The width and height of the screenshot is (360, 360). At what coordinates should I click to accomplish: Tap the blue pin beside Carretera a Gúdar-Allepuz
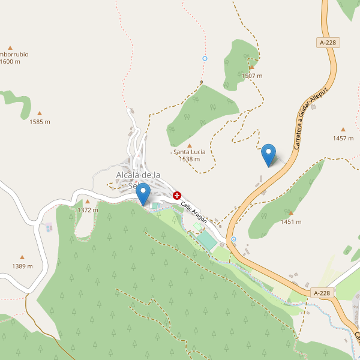(x=269, y=155)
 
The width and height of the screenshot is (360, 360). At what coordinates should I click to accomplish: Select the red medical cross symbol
(x=177, y=196)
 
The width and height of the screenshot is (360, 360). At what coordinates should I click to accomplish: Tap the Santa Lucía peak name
(x=190, y=152)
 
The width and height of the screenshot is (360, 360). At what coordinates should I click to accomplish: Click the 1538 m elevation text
(x=190, y=159)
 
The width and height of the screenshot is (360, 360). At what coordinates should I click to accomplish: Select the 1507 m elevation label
(x=252, y=76)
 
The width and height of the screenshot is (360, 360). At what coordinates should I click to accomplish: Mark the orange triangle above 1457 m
(x=343, y=130)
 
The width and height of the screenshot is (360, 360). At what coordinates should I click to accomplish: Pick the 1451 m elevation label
(x=291, y=222)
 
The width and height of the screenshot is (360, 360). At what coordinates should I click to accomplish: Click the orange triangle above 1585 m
(x=40, y=113)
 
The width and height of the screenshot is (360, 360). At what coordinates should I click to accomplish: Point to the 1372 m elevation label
(x=88, y=210)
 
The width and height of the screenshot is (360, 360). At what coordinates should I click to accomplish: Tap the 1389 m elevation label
(x=22, y=266)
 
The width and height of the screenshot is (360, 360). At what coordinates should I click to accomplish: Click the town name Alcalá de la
(x=139, y=175)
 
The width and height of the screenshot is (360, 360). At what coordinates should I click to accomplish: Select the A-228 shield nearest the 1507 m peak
(x=328, y=43)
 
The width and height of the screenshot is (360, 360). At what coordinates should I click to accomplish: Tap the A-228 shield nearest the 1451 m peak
(x=322, y=293)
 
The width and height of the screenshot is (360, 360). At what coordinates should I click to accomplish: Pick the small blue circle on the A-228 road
(x=233, y=239)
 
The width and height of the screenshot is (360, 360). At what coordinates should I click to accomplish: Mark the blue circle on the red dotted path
(x=205, y=58)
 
